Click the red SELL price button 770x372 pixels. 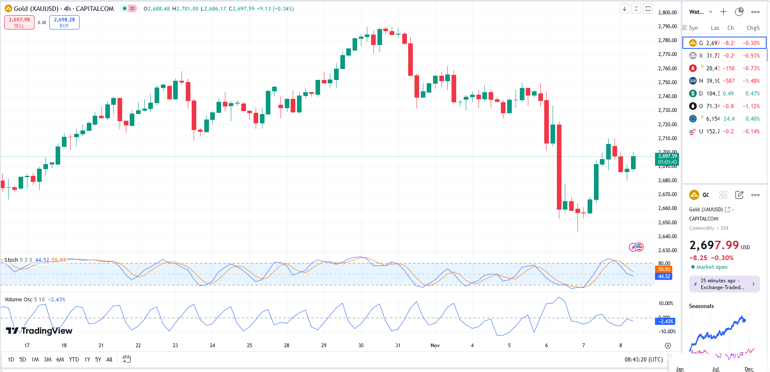pos(19,22)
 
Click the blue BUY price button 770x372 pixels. pos(64,22)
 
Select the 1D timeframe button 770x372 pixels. pos(11,359)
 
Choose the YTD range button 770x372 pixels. pos(74,359)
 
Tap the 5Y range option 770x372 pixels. pos(98,359)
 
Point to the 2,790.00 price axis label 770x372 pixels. pos(667,27)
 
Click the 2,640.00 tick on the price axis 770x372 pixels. pos(667,236)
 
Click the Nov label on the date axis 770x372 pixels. pos(435,345)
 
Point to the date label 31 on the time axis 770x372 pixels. pos(398,345)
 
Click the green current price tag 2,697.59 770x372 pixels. pos(667,159)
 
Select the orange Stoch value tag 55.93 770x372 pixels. pos(664,269)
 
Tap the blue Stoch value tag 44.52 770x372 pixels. pos(664,276)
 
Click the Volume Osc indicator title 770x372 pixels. pos(19,300)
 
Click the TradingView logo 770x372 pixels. pos(39,331)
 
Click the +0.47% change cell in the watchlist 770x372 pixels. pos(752,93)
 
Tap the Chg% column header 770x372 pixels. pos(753,28)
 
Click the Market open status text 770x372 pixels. pos(711,267)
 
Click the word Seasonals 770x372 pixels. pos(701,306)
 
